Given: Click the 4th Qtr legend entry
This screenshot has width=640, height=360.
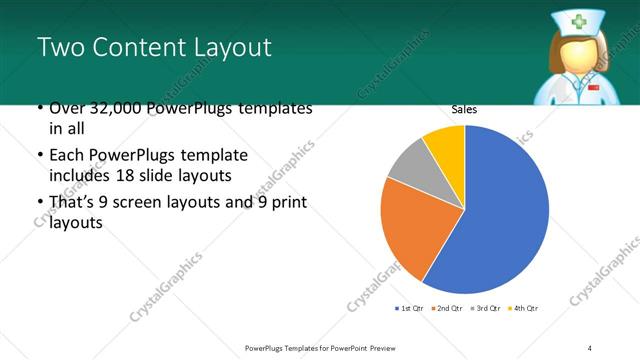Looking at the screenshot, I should click(x=524, y=307).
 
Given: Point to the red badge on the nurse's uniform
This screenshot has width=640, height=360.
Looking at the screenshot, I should click(x=596, y=88).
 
